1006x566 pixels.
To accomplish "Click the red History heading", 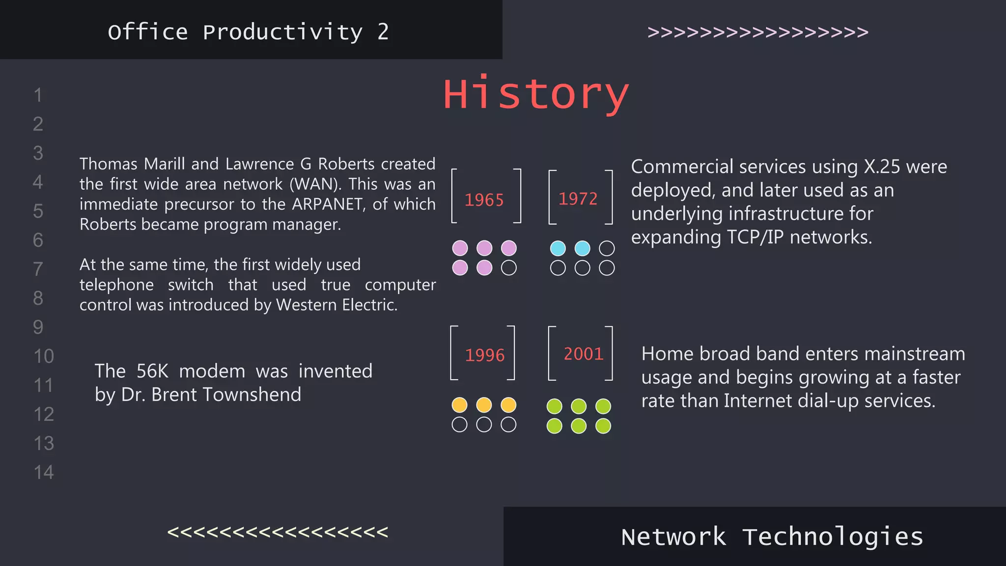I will (536, 94).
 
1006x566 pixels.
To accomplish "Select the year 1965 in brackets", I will (484, 200).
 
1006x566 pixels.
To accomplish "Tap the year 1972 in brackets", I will (578, 198).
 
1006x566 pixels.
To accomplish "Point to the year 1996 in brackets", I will (484, 355).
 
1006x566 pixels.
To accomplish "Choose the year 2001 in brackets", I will (583, 354).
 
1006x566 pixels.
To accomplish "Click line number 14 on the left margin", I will (44, 472).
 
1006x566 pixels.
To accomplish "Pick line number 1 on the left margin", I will (38, 95).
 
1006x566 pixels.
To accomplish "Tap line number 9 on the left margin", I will (38, 327).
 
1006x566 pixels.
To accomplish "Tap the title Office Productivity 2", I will (248, 32).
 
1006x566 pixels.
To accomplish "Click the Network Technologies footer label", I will (772, 537).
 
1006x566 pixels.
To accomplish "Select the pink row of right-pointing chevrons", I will (758, 32).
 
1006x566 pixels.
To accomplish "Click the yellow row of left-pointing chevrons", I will (278, 532).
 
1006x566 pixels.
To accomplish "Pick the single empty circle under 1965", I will (508, 268).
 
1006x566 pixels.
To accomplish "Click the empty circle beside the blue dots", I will (607, 248).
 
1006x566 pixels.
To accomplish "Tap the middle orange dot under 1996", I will (484, 405).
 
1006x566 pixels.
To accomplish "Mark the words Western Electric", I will (336, 305).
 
